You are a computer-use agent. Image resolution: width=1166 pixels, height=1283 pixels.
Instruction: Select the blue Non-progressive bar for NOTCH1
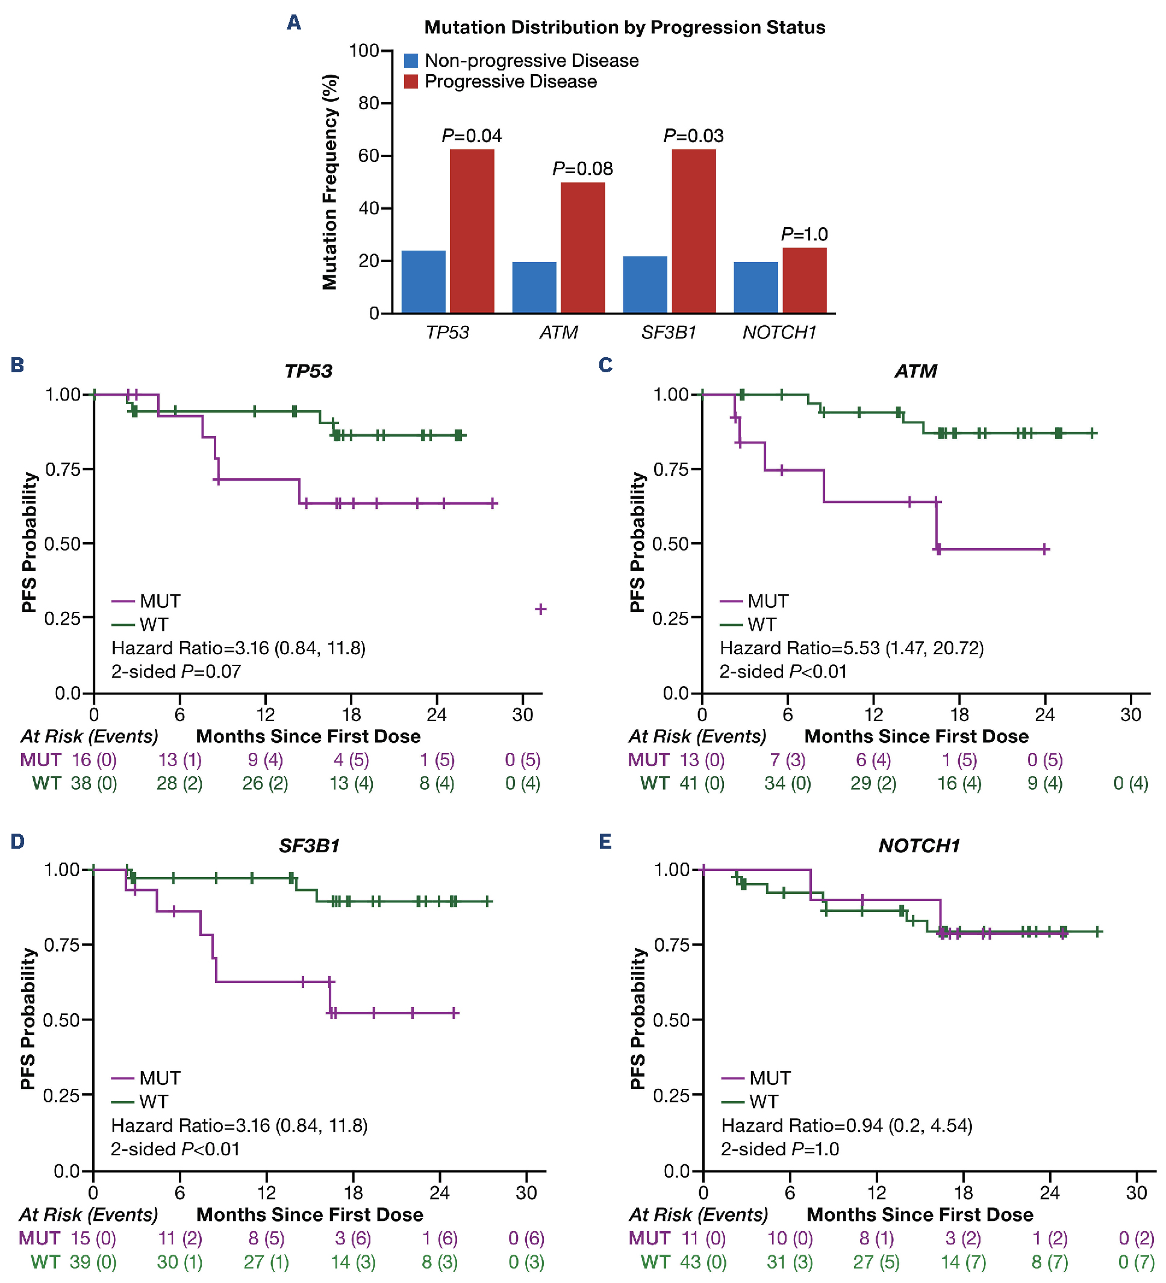(x=755, y=287)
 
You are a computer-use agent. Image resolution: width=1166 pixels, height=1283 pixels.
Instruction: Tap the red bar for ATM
(x=582, y=248)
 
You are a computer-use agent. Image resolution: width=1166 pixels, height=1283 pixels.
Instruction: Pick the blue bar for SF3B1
(x=645, y=284)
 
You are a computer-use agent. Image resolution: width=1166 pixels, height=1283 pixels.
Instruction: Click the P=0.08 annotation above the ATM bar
(x=582, y=169)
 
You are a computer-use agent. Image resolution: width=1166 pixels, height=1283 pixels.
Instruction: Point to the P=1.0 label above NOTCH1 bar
(x=804, y=234)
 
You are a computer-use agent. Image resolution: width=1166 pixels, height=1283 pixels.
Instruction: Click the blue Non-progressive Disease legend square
(x=411, y=61)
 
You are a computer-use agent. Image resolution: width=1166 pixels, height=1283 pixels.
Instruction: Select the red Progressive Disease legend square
(x=411, y=81)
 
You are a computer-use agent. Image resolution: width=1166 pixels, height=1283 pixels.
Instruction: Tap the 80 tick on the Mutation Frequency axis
(x=369, y=103)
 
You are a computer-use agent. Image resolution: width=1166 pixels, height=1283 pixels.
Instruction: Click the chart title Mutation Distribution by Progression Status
(x=625, y=27)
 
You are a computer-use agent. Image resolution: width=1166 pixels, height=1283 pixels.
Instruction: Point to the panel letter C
(x=605, y=365)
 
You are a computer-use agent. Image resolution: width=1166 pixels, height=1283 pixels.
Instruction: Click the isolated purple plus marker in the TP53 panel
(x=540, y=609)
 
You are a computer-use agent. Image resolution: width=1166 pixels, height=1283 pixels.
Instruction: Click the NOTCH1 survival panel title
(x=918, y=845)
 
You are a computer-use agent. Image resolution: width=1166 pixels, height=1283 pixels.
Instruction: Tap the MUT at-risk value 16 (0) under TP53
(x=93, y=760)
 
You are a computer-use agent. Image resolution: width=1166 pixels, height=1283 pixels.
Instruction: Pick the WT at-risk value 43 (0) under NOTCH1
(x=703, y=1261)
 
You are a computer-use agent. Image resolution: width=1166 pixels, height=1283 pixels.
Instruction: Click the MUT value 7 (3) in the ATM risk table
(x=787, y=760)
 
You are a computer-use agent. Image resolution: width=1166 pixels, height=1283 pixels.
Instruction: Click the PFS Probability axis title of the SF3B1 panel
(x=28, y=1018)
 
